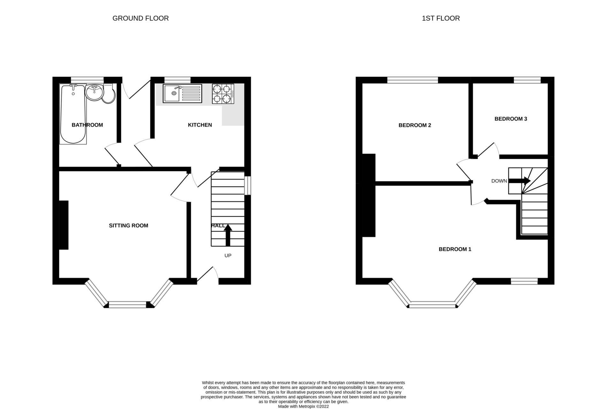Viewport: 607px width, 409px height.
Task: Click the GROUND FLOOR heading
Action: pyautogui.click(x=141, y=19)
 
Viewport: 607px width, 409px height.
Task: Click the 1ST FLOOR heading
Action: pyautogui.click(x=441, y=19)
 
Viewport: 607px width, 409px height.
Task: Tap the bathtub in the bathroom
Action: pyautogui.click(x=73, y=114)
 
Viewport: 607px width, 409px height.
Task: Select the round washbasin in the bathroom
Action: pyautogui.click(x=94, y=92)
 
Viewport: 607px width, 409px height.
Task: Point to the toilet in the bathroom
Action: pyautogui.click(x=109, y=94)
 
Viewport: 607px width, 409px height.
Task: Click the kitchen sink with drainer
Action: pyautogui.click(x=182, y=93)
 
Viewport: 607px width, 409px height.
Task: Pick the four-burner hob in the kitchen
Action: pyautogui.click(x=223, y=94)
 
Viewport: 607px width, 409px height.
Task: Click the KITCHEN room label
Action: pyautogui.click(x=200, y=125)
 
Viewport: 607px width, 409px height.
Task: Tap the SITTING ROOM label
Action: pyautogui.click(x=128, y=226)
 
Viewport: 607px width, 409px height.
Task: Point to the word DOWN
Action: pyautogui.click(x=499, y=181)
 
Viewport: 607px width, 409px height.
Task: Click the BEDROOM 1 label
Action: pyautogui.click(x=455, y=249)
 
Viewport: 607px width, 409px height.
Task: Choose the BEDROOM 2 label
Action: pyautogui.click(x=415, y=125)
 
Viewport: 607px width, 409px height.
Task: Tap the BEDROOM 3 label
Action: pyautogui.click(x=511, y=119)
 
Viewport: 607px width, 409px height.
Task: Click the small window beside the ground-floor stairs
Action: pyautogui.click(x=248, y=185)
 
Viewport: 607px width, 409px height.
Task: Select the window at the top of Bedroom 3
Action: pyautogui.click(x=527, y=80)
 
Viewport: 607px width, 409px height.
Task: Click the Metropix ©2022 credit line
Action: pyautogui.click(x=303, y=406)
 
